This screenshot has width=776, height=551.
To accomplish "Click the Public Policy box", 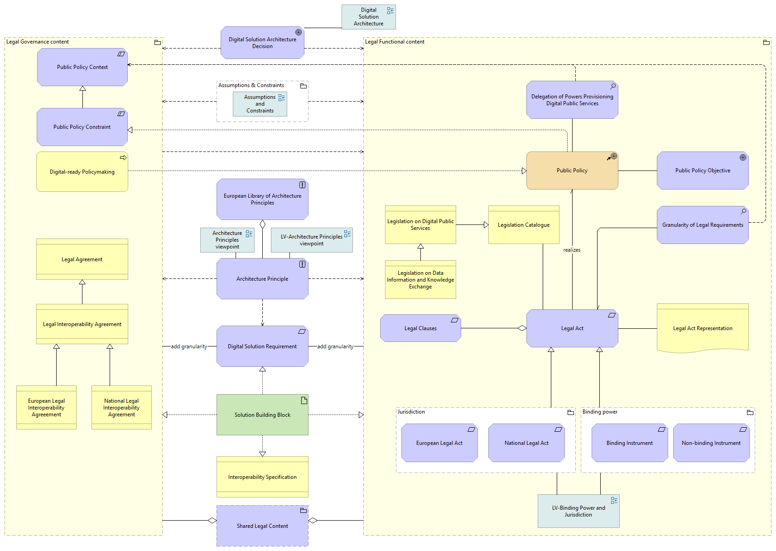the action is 572,171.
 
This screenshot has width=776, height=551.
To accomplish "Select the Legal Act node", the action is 572,328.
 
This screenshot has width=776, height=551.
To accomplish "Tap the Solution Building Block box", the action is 262,414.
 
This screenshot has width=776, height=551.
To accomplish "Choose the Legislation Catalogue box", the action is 524,224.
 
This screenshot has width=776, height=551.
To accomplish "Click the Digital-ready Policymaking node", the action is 82,171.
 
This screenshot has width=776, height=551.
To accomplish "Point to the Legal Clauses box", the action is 420,328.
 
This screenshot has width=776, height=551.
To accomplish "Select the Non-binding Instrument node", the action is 711,443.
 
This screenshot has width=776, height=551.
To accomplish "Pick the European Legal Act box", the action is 439,443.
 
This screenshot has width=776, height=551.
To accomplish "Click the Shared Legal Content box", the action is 262,526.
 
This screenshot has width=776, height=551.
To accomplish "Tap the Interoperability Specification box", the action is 262,477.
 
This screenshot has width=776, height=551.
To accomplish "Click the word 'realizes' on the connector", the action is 572,250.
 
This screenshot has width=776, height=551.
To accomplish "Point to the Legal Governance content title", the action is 38,42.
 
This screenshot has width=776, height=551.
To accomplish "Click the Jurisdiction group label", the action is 411,412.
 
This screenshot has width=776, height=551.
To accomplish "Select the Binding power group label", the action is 600,412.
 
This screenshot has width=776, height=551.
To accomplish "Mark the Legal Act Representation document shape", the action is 703,328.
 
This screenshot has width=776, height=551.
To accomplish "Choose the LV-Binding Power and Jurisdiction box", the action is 578,511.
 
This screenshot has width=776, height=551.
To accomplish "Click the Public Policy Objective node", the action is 703,171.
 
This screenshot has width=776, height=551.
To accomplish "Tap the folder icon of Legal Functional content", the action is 766,42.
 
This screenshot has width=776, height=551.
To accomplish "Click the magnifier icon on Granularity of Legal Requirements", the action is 743,211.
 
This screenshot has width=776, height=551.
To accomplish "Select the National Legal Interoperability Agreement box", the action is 121,407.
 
